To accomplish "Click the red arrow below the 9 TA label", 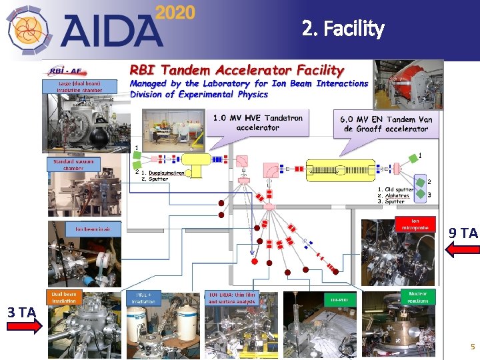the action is [462, 249].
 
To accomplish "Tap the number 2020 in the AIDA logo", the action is [175, 13].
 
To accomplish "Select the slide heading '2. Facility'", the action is [343, 29].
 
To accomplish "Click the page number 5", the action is [472, 347].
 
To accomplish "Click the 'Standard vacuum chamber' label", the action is [74, 164].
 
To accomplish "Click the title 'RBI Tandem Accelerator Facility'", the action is [237, 69].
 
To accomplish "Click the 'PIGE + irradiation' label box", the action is [144, 297].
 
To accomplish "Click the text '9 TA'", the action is [463, 233].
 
